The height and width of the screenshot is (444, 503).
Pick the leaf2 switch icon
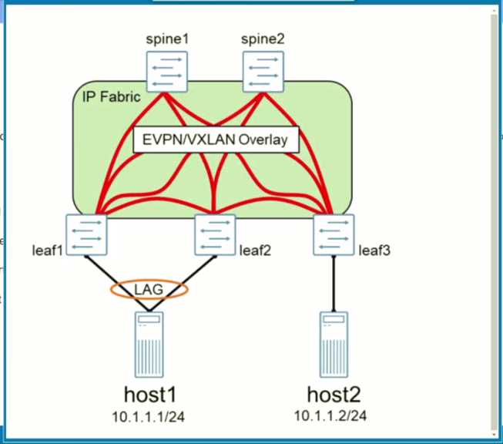pos(215,234)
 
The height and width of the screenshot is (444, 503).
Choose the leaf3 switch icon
pos(334,234)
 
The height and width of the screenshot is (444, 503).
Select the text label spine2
pos(263,38)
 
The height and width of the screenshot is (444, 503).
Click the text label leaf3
pos(375,250)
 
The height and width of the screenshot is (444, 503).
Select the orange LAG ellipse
pos(149,288)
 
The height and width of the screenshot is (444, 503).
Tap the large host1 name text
pos(149,396)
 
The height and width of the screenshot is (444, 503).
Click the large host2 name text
pos(333,395)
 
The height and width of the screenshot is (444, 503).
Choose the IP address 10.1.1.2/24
pos(333,416)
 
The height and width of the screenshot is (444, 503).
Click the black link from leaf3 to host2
pos(334,281)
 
